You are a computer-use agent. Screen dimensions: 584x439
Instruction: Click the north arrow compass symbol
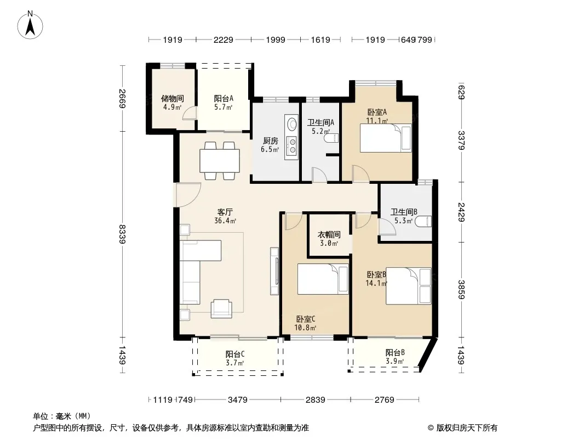pyautogui.click(x=30, y=25)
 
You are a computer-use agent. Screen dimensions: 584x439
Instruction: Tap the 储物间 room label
pyautogui.click(x=172, y=98)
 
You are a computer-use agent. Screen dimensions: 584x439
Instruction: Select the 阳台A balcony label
pyautogui.click(x=224, y=98)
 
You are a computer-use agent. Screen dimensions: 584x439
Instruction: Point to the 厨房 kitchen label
pyautogui.click(x=271, y=140)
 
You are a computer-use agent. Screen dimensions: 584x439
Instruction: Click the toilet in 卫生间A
pyautogui.click(x=331, y=138)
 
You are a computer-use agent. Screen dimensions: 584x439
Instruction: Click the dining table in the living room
pyautogui.click(x=220, y=160)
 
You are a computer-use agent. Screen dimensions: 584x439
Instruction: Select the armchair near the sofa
pyautogui.click(x=221, y=308)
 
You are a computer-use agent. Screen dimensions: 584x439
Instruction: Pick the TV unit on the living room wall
pyautogui.click(x=274, y=271)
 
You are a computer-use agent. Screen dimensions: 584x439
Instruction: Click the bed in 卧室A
pyautogui.click(x=386, y=138)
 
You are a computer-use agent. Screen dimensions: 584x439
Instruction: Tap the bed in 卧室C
pyautogui.click(x=323, y=279)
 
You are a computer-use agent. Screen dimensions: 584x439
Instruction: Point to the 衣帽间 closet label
pyautogui.click(x=329, y=235)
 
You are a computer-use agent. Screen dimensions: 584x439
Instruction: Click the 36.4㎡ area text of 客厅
pyautogui.click(x=225, y=221)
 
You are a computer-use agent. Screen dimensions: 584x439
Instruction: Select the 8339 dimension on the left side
pyautogui.click(x=122, y=234)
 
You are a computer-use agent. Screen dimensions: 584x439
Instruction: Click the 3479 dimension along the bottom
pyautogui.click(x=238, y=400)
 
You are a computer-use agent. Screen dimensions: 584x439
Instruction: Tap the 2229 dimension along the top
pyautogui.click(x=224, y=40)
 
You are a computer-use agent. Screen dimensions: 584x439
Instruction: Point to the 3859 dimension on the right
pyautogui.click(x=461, y=289)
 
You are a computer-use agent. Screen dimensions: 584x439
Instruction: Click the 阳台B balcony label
pyautogui.click(x=395, y=352)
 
